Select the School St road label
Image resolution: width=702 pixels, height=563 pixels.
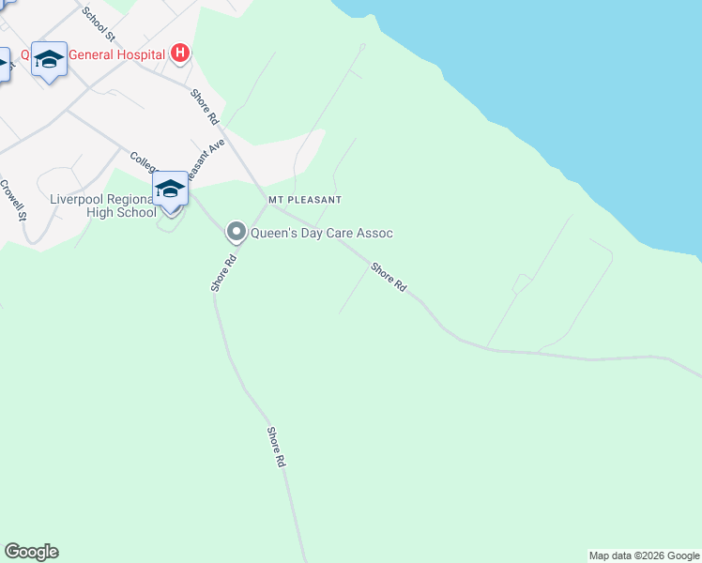pos(99,24)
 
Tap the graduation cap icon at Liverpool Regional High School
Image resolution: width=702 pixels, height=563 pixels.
pos(170,189)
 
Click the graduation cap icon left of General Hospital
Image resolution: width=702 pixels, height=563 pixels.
pos(49,59)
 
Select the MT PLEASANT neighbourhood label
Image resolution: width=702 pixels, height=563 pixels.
pos(304,200)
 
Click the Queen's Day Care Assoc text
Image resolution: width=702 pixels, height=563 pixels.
pos(321,233)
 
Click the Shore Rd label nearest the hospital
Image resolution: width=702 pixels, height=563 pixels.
pos(205,107)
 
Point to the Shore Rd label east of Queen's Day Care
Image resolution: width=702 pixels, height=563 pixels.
pos(389,276)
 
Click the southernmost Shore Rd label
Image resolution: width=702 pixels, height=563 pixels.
pos(275,448)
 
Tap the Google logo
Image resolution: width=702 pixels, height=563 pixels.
pos(31,552)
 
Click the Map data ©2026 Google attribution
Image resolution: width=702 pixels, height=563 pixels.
pos(644,555)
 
